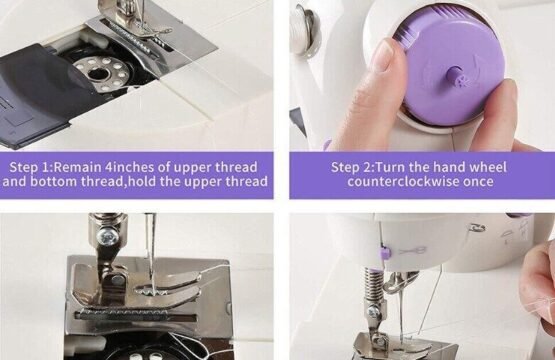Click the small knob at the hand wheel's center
(x=456, y=78)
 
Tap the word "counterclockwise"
(x=403, y=182)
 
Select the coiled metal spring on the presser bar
(x=372, y=286)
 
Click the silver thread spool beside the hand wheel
(x=304, y=32)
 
